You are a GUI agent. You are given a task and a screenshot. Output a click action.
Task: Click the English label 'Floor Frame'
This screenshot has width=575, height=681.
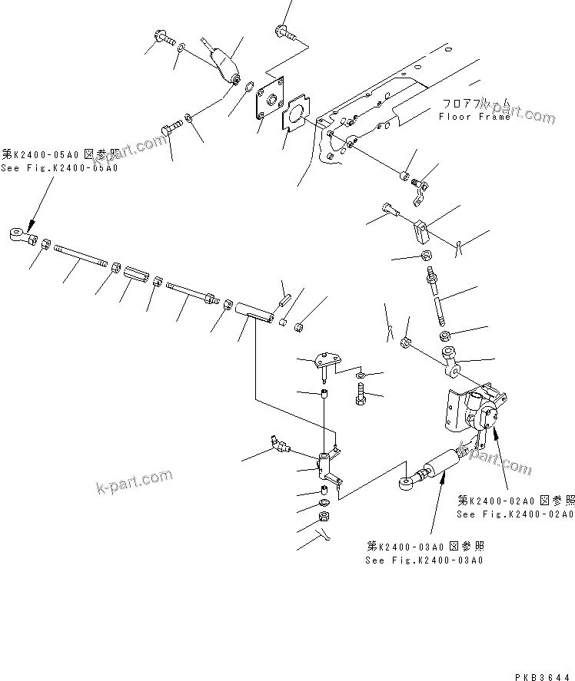474,117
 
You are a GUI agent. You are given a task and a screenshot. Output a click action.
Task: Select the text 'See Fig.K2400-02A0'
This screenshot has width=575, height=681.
514,514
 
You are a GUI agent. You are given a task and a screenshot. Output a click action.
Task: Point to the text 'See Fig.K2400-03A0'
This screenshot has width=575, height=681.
425,560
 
